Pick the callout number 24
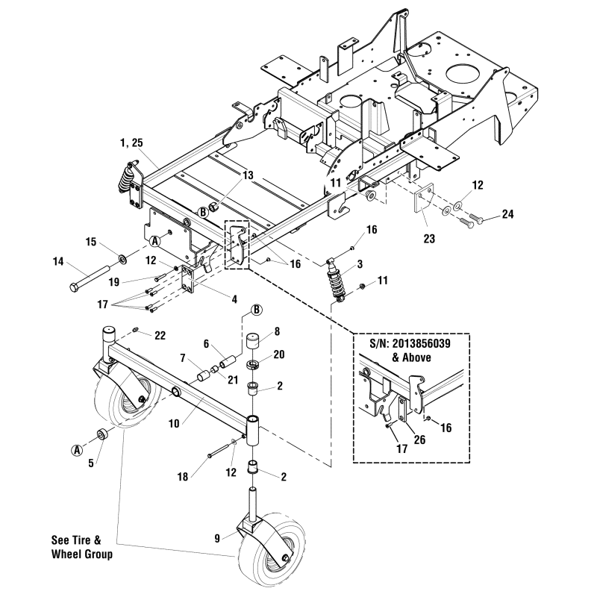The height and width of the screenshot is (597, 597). pos(507,214)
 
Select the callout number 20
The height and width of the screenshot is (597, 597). pos(278,354)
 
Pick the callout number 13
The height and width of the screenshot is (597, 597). pos(247,175)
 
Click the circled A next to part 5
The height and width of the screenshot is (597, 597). pos(77,449)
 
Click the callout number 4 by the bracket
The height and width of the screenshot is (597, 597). pos(234,300)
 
